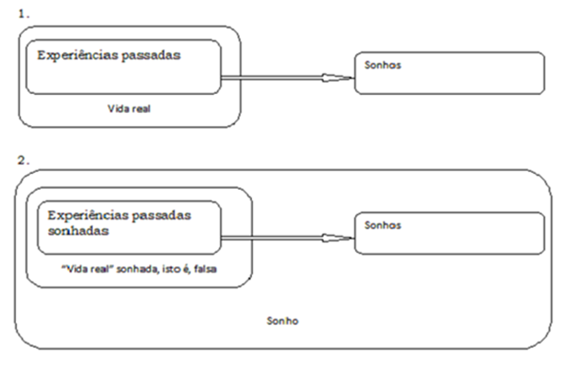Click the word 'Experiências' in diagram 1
point(75,55)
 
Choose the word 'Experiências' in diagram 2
point(84,215)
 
